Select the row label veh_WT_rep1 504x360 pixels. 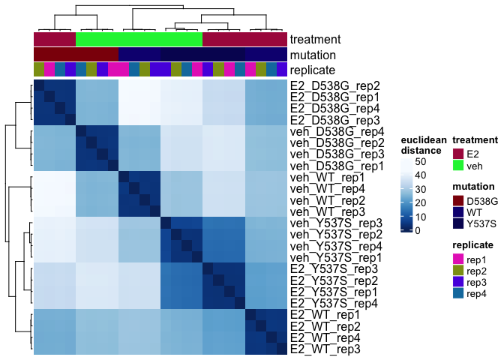tap(320, 178)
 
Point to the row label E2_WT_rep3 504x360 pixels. tap(321, 349)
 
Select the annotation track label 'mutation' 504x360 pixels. tap(313, 55)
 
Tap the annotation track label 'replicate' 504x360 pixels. tap(314, 70)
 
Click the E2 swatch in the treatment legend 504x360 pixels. tap(457, 152)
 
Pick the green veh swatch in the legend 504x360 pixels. tap(457, 165)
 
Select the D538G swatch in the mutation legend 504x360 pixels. tap(457, 200)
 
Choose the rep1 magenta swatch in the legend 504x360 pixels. tap(457, 259)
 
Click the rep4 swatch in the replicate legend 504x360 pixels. tap(457, 295)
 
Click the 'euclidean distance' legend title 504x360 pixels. tap(423, 145)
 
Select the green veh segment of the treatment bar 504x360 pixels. tap(139, 39)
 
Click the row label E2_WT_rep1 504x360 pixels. tap(321, 314)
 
